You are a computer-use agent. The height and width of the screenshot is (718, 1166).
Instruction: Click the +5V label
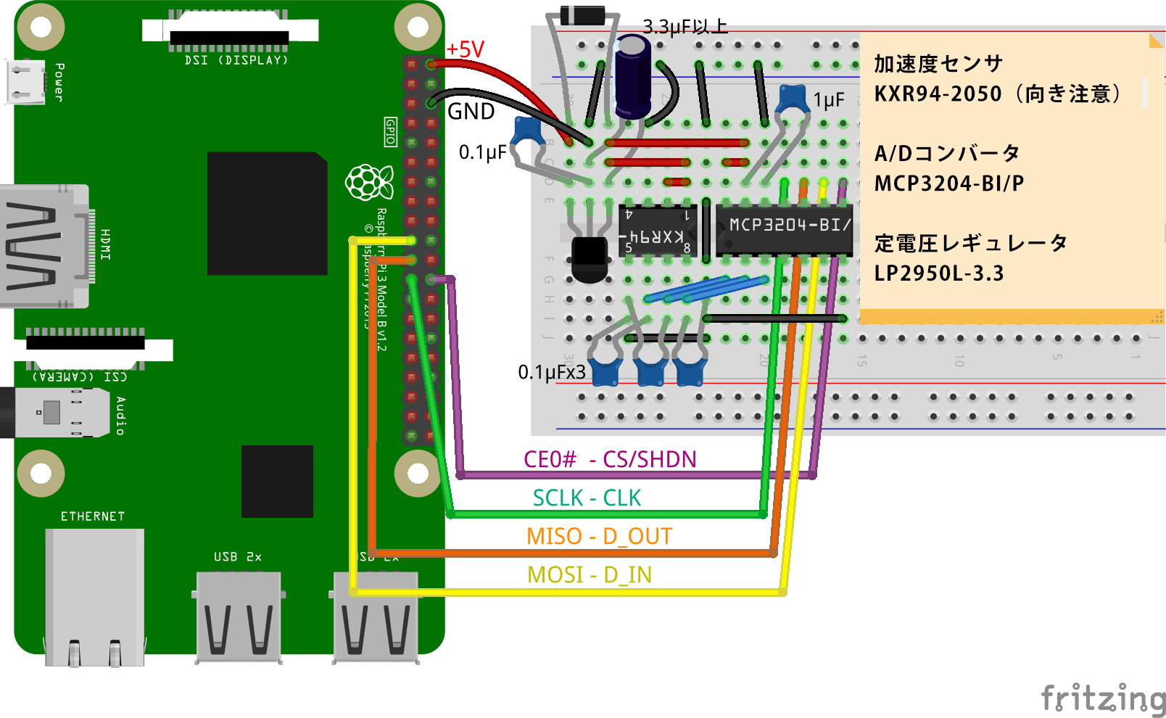click(465, 49)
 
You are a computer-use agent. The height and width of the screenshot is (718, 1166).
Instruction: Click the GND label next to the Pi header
click(471, 111)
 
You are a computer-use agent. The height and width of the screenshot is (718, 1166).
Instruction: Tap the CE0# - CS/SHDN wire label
click(610, 459)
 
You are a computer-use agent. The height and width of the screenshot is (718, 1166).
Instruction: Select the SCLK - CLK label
click(587, 498)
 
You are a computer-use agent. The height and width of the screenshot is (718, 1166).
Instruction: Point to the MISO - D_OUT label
click(599, 537)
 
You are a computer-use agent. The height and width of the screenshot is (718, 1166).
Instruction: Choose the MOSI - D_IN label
click(590, 575)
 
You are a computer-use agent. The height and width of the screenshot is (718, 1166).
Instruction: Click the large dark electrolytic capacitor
click(633, 76)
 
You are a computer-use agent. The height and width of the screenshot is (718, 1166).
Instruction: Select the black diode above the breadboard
click(582, 15)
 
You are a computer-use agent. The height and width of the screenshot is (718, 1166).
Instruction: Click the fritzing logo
click(1103, 698)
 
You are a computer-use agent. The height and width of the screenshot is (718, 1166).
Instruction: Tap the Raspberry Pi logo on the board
click(368, 182)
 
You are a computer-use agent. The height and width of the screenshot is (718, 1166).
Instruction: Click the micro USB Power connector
click(25, 81)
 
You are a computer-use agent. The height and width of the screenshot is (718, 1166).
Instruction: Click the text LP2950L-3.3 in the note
click(938, 273)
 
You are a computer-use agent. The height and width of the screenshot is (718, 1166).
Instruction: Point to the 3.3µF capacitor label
click(685, 27)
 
